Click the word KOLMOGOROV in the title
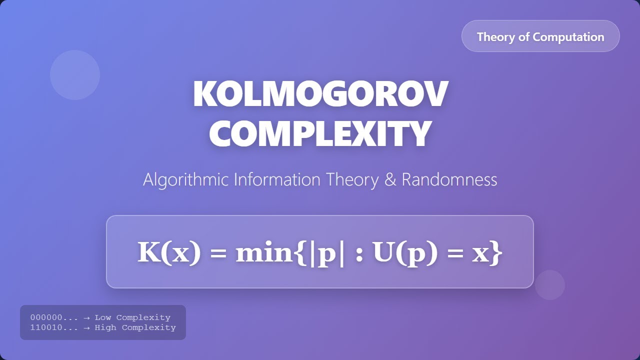click(x=320, y=94)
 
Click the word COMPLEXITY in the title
click(x=320, y=133)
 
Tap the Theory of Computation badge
click(x=540, y=36)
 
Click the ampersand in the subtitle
click(x=390, y=179)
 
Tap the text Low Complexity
click(x=132, y=317)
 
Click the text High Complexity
click(x=135, y=327)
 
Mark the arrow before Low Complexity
click(x=86, y=317)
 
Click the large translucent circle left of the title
click(x=75, y=75)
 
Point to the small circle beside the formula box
click(x=550, y=285)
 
